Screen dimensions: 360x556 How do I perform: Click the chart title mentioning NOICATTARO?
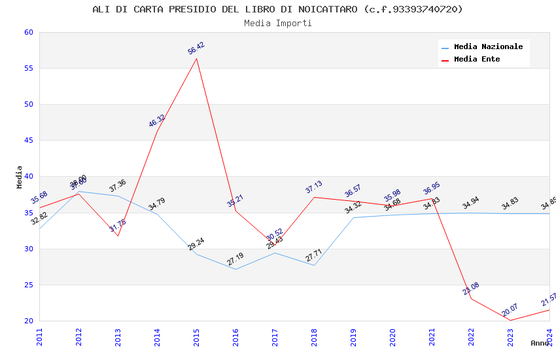[277, 9]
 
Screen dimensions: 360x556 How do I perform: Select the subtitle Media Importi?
[277, 23]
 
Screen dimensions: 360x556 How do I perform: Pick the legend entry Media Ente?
[477, 59]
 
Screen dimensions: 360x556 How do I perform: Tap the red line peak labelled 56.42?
[196, 58]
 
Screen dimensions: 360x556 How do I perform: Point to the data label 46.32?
[157, 121]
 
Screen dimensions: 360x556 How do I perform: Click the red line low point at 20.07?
[510, 320]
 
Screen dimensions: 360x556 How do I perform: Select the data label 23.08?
[471, 289]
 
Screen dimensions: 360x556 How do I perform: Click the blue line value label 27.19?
[235, 259]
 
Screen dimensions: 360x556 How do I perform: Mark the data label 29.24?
[196, 244]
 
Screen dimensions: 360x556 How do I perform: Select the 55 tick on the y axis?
[29, 69]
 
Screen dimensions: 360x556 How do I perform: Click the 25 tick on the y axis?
[29, 285]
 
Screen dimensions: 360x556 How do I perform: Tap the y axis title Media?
[20, 177]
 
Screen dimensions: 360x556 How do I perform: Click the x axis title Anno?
[540, 343]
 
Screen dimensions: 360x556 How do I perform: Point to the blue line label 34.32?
[353, 207]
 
